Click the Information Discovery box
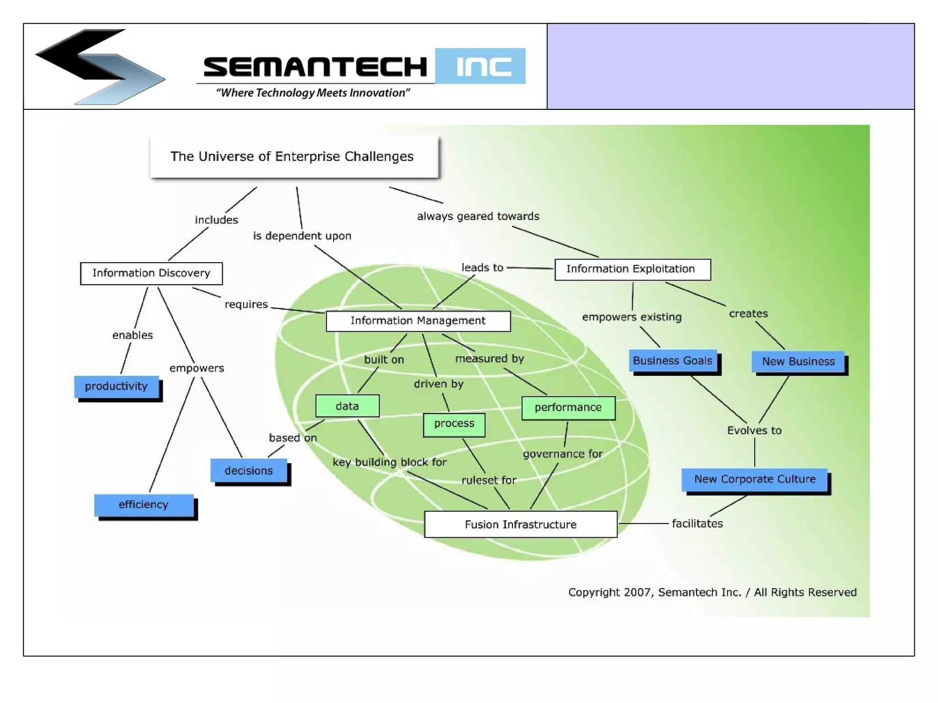coord(151,273)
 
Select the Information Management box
coord(418,321)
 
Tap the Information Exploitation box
coord(632,269)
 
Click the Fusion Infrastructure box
coord(520,524)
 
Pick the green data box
coord(347,406)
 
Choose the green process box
coord(454,424)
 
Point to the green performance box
coord(568,407)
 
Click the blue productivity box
coord(116,386)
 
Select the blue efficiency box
coord(143,504)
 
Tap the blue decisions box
coord(249,470)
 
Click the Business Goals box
coord(672,361)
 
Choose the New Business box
coord(798,362)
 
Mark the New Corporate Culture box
coord(754,479)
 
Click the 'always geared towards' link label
coord(478,216)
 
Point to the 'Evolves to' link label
coord(754,431)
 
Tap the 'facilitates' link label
coord(697,524)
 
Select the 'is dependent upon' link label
coord(302,236)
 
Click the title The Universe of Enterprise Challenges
coord(292,157)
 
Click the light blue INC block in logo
coord(480,66)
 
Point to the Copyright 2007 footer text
coord(712,592)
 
